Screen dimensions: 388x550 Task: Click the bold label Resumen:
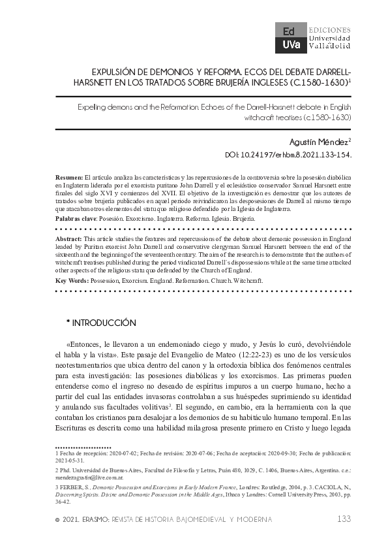tap(69, 178)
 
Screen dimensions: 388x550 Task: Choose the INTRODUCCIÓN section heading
tap(104, 323)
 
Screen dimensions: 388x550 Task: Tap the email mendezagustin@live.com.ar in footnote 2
tap(85, 477)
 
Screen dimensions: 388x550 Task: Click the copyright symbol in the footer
tap(58, 519)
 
